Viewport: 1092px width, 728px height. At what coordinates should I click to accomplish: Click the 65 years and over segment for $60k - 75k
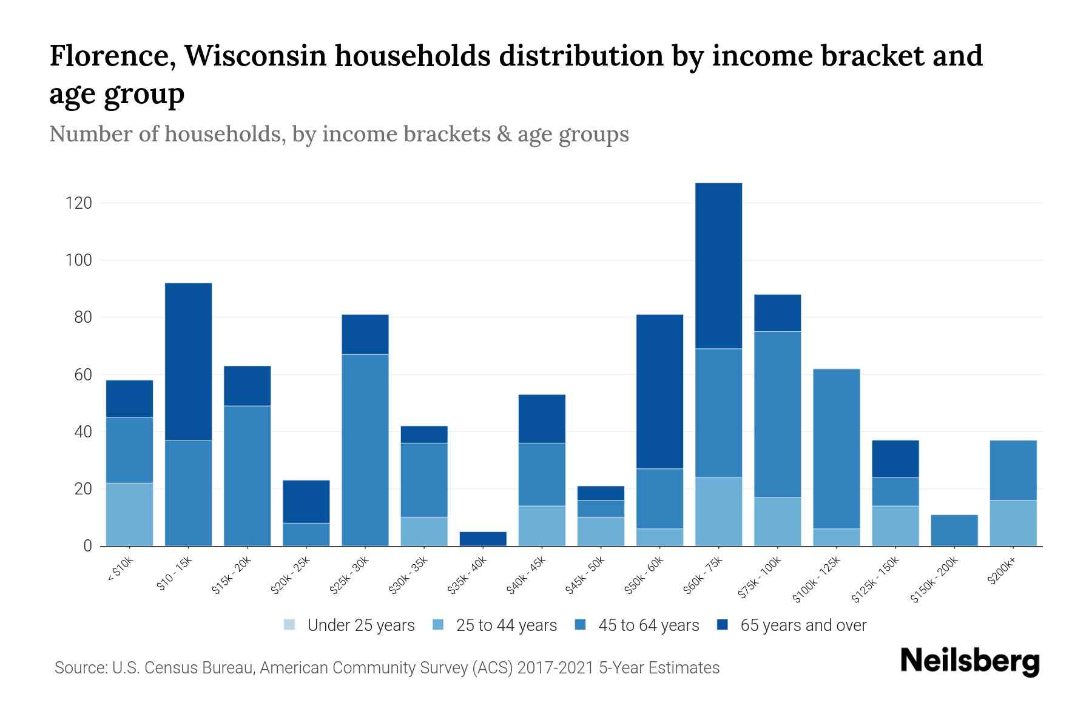click(718, 266)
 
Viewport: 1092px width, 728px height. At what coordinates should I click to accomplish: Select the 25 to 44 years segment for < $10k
click(129, 514)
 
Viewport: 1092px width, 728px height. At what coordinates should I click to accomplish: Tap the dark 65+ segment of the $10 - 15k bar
click(188, 362)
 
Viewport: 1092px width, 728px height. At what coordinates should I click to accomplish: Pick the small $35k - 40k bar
click(483, 539)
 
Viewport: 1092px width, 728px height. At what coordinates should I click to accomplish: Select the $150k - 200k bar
click(954, 531)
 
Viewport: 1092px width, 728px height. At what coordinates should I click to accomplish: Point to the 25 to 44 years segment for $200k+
click(1013, 523)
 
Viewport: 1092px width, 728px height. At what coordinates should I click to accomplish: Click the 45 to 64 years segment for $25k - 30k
click(365, 450)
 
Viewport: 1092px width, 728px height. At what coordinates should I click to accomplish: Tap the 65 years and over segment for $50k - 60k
click(659, 391)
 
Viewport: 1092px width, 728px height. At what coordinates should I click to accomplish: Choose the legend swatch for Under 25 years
click(290, 625)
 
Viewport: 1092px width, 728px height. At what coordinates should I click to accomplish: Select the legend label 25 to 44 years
click(506, 625)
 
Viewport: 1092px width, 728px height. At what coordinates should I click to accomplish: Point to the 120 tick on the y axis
click(79, 203)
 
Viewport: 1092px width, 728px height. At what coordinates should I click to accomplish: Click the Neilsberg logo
click(969, 661)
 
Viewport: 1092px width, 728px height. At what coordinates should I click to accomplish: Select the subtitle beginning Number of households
click(339, 134)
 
